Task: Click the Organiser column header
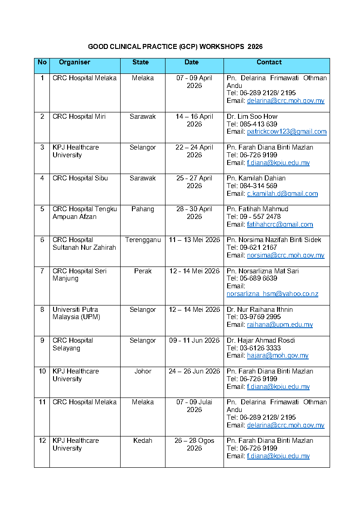pyautogui.click(x=74, y=63)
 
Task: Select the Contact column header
pyautogui.click(x=269, y=63)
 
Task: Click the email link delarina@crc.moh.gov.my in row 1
pyautogui.click(x=286, y=101)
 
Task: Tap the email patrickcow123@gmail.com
pyautogui.click(x=287, y=132)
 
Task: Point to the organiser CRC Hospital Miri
pyautogui.click(x=78, y=116)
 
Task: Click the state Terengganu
pyautogui.click(x=143, y=240)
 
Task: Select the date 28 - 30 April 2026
pyautogui.click(x=194, y=213)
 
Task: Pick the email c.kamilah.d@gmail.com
pyautogui.click(x=282, y=194)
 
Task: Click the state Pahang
pyautogui.click(x=143, y=209)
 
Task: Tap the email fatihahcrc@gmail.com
pyautogui.click(x=280, y=224)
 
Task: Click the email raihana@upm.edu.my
pyautogui.click(x=280, y=325)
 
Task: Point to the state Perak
pyautogui.click(x=143, y=271)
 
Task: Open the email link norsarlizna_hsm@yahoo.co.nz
pyautogui.click(x=272, y=294)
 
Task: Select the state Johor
pyautogui.click(x=143, y=371)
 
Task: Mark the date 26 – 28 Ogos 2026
pyautogui.click(x=194, y=444)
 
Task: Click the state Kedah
pyautogui.click(x=143, y=441)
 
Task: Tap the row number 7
pyautogui.click(x=42, y=271)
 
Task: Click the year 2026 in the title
pyautogui.click(x=255, y=47)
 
